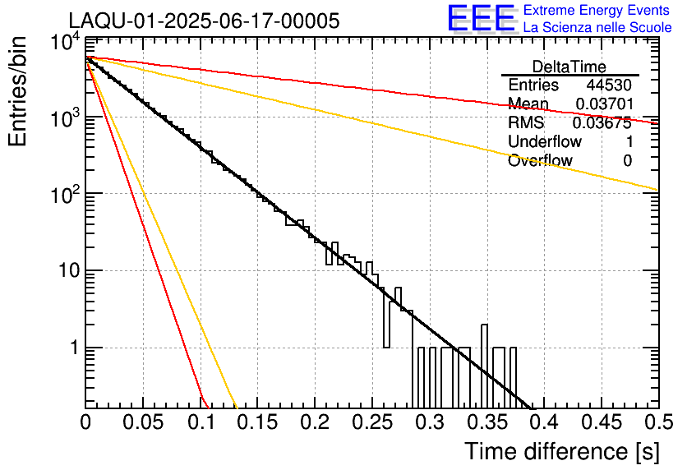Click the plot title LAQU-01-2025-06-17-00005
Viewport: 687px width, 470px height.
(x=204, y=21)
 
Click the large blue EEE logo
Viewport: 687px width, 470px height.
(x=481, y=19)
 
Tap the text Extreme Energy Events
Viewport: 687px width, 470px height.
(x=597, y=11)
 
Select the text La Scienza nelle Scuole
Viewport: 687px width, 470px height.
(x=597, y=27)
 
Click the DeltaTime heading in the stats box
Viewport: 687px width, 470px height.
(x=569, y=67)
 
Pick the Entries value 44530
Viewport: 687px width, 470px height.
(x=609, y=85)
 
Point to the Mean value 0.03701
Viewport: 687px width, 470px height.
(x=602, y=104)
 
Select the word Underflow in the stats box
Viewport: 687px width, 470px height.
(x=545, y=142)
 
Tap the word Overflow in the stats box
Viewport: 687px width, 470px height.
(x=540, y=161)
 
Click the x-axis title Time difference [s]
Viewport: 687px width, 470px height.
(x=561, y=451)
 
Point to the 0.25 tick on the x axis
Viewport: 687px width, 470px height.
(x=371, y=422)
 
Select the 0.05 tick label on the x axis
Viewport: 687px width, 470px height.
(x=142, y=422)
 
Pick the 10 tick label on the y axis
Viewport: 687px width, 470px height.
(x=65, y=271)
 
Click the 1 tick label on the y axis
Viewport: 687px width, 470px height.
(x=71, y=348)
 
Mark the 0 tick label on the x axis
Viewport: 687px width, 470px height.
(x=85, y=422)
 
